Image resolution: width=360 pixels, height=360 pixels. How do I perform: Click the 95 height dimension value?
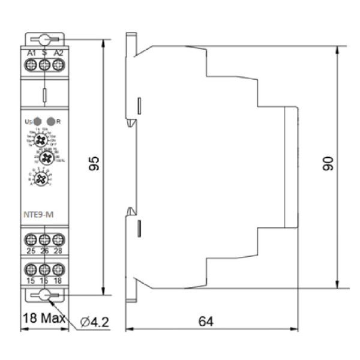(x=94, y=164)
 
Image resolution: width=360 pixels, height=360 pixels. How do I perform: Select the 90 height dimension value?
(x=327, y=164)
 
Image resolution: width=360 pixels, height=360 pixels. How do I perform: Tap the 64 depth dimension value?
(x=206, y=322)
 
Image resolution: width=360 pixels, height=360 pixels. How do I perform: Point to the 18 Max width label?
(x=44, y=317)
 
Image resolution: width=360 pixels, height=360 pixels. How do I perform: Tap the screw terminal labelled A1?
(x=31, y=67)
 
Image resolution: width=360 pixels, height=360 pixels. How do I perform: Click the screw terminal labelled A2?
(x=58, y=67)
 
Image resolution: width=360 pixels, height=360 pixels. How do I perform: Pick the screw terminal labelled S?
(x=44, y=67)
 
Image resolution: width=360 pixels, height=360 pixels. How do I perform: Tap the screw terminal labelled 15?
(x=31, y=269)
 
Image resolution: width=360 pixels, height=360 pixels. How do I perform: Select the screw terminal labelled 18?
(x=58, y=269)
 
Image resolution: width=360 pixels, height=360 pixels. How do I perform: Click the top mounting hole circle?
(x=44, y=40)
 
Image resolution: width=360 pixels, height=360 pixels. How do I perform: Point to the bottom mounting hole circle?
(x=44, y=295)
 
